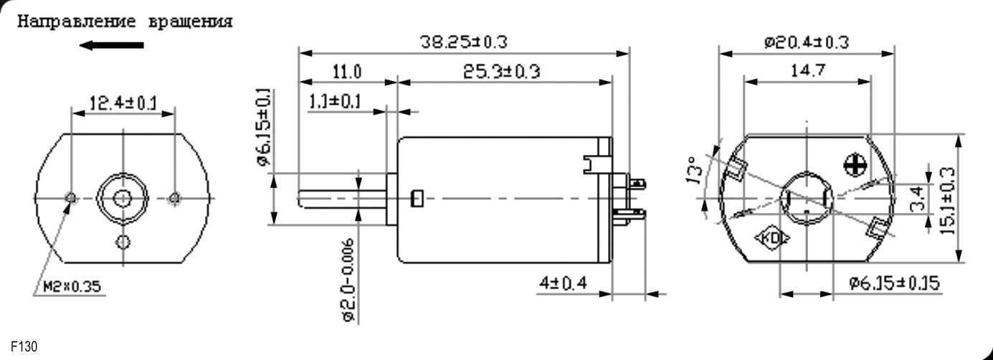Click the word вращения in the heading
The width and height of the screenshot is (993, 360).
[x=190, y=22]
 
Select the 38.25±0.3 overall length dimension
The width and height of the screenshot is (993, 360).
[x=463, y=42]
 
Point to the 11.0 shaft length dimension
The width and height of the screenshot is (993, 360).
[x=346, y=72]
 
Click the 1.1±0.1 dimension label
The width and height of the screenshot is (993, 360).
[x=335, y=101]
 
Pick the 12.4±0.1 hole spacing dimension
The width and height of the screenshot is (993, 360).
[x=123, y=103]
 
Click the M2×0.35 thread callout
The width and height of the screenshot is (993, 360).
[x=69, y=288]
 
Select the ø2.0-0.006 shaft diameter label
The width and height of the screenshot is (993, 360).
[x=348, y=280]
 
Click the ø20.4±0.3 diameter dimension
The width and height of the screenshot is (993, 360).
[x=807, y=42]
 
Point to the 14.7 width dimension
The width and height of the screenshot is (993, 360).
[x=807, y=70]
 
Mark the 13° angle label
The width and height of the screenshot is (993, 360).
[x=693, y=171]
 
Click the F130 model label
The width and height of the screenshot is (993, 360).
[x=24, y=347]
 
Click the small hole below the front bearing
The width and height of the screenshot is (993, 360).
[x=124, y=240]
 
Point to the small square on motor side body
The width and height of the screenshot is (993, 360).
[x=416, y=198]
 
